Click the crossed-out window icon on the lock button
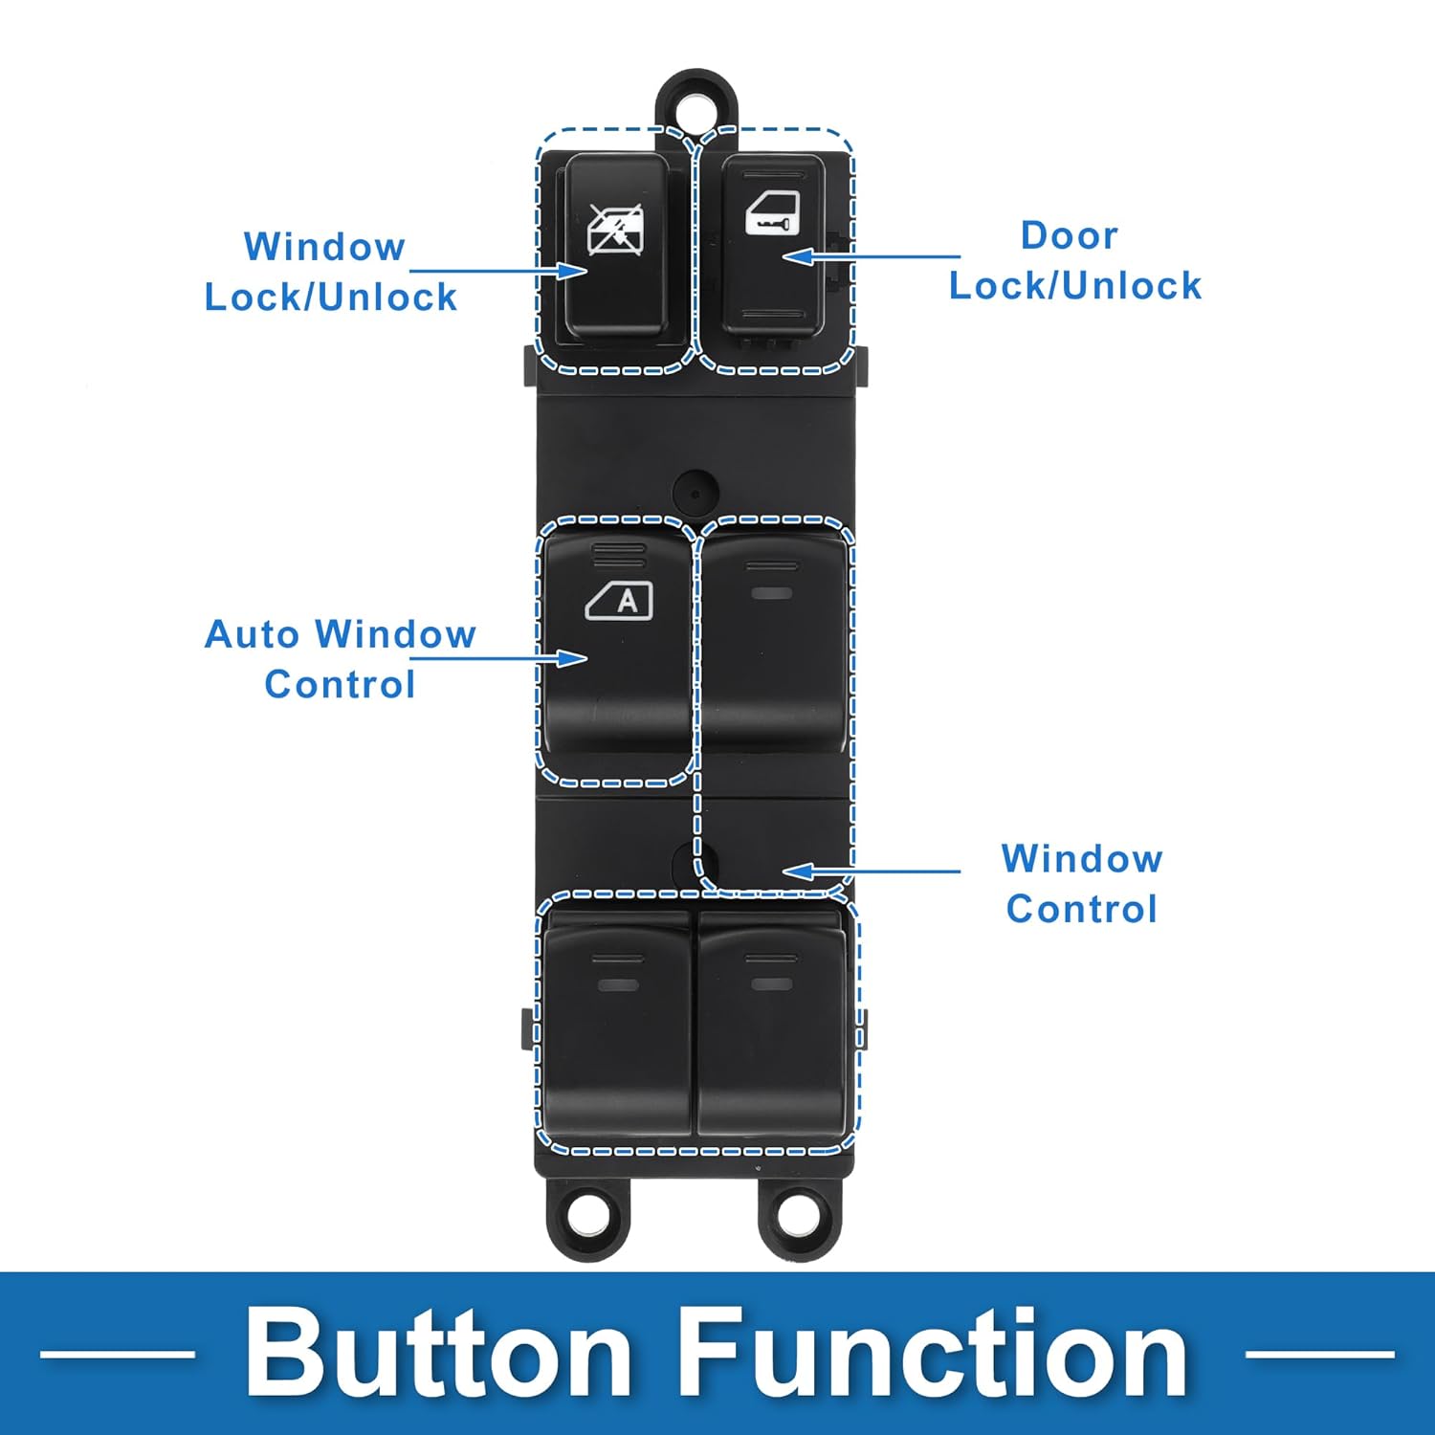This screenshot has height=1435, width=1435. point(615,231)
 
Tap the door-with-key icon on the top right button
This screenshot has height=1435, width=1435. point(773,211)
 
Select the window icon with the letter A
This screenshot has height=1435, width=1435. point(620,601)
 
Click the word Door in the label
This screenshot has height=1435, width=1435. point(1069,235)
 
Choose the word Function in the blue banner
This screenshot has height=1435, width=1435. point(933,1353)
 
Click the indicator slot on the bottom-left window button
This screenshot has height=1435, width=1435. point(618,983)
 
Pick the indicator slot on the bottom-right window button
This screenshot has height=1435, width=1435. point(771,983)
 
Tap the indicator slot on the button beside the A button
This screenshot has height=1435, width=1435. point(772,593)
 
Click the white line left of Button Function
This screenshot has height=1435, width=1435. point(117,1354)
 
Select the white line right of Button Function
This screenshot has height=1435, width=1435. point(1319,1354)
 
